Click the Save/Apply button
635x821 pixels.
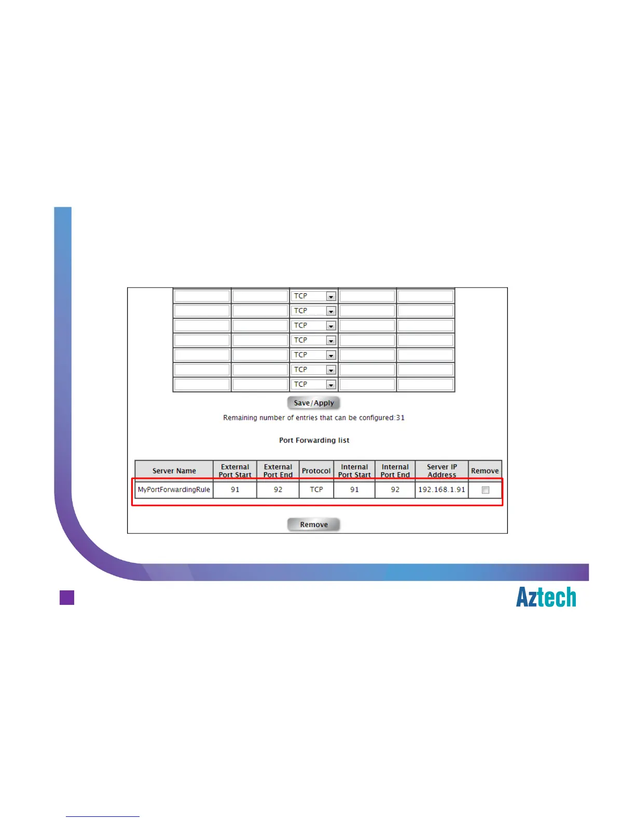[313, 403]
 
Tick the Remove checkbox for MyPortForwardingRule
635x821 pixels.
[486, 490]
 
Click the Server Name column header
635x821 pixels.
[174, 471]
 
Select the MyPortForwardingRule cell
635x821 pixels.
[174, 490]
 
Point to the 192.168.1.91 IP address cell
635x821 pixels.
[441, 490]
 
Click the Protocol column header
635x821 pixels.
[316, 471]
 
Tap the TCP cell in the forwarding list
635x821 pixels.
[316, 490]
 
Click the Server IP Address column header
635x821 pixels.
[441, 471]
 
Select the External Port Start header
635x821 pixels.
[235, 471]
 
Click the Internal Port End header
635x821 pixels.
[395, 471]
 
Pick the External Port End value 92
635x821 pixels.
[278, 490]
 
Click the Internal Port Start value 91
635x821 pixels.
[354, 490]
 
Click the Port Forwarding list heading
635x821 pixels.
[314, 440]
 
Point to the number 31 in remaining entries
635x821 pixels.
[400, 418]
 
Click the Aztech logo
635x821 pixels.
[546, 597]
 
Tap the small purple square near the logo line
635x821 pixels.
[67, 598]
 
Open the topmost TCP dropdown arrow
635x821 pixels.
[330, 296]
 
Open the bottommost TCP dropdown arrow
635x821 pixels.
[330, 385]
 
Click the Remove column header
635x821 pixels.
[485, 471]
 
